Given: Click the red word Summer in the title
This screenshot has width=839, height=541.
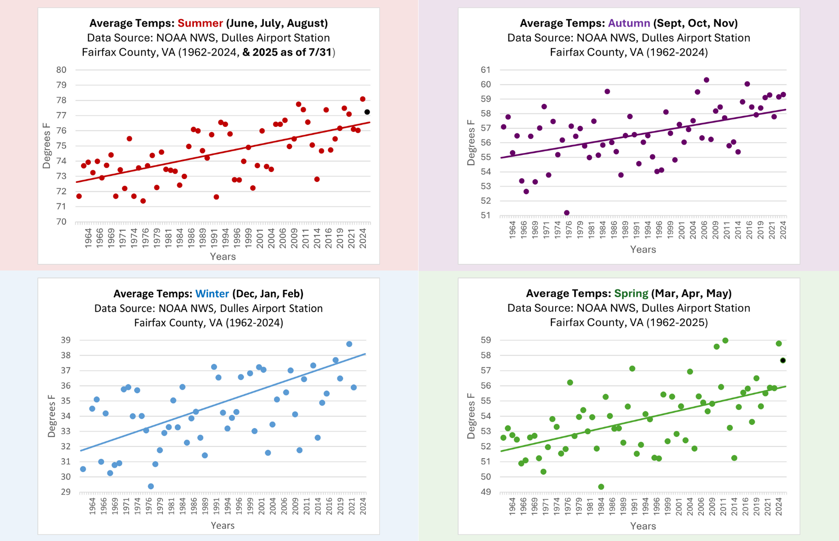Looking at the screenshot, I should pyautogui.click(x=200, y=23).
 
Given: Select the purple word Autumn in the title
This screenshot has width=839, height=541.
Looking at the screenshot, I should pyautogui.click(x=629, y=23).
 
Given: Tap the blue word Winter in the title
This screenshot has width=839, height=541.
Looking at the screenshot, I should pyautogui.click(x=212, y=294).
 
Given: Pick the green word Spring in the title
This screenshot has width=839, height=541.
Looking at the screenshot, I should pyautogui.click(x=631, y=293).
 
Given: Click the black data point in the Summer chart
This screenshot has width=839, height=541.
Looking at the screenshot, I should pyautogui.click(x=367, y=112).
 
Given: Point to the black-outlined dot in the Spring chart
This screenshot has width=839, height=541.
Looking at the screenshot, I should pyautogui.click(x=783, y=361).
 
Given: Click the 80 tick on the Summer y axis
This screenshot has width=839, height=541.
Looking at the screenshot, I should pyautogui.click(x=62, y=70).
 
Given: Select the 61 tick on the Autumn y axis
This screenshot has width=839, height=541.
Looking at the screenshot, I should pyautogui.click(x=486, y=70).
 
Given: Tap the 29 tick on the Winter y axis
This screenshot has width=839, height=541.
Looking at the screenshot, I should pyautogui.click(x=66, y=492).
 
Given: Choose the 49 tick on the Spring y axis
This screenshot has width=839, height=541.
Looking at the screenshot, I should pyautogui.click(x=486, y=492).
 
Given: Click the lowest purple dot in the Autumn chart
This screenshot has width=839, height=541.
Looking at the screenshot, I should pyautogui.click(x=567, y=213).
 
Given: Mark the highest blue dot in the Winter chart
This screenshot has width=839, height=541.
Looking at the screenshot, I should pyautogui.click(x=349, y=344).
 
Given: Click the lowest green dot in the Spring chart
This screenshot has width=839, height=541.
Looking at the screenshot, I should pyautogui.click(x=601, y=487).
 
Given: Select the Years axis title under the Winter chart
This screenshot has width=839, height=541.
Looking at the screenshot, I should pyautogui.click(x=222, y=526).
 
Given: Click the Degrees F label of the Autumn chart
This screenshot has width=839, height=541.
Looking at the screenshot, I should pyautogui.click(x=471, y=142).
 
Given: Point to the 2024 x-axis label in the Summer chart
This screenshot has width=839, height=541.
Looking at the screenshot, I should pyautogui.click(x=363, y=238).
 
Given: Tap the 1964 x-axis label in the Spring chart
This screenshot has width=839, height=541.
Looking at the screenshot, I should pyautogui.click(x=512, y=506).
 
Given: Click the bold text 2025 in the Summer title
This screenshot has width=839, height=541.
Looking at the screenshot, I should pyautogui.click(x=265, y=52).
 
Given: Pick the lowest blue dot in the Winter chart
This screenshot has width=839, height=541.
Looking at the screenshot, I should pyautogui.click(x=151, y=486).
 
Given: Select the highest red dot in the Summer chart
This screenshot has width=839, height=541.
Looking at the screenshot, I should pyautogui.click(x=363, y=99).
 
